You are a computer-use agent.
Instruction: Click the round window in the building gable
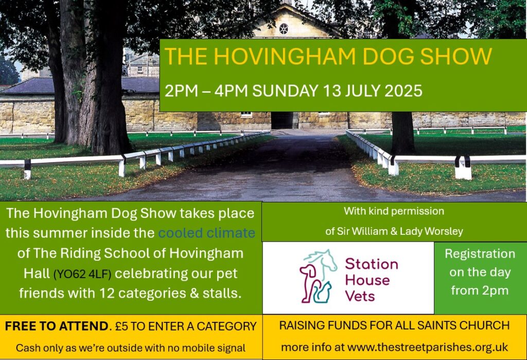284,29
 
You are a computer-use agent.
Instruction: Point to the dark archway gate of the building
285,121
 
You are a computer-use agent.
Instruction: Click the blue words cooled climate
207,233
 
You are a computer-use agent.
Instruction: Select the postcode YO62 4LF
82,274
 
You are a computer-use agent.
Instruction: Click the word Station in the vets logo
372,264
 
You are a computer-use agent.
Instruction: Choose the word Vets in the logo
360,296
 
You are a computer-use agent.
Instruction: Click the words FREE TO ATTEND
57,326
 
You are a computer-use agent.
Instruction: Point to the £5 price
121,327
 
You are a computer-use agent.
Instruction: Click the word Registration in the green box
480,254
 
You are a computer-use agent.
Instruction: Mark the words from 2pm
480,290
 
